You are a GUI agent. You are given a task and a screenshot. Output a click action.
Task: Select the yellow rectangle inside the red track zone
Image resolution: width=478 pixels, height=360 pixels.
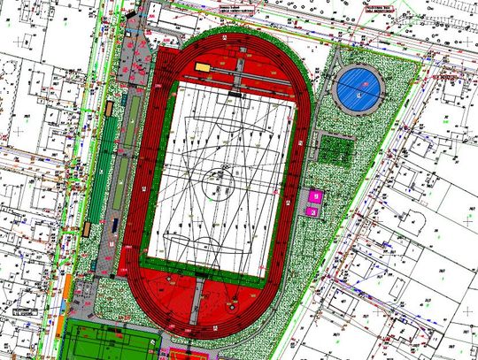click(203, 67)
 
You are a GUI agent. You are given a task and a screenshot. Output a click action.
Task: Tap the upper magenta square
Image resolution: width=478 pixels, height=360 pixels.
click(313, 195)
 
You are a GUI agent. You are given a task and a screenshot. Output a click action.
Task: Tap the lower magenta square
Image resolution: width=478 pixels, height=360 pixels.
click(312, 211)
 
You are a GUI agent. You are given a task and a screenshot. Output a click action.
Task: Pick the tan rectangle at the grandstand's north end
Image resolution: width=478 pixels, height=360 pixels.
click(109, 108)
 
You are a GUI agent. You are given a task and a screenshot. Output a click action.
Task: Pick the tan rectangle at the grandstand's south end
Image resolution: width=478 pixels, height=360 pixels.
click(88, 228)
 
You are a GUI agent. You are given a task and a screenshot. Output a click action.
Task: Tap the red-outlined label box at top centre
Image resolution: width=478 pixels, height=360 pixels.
click(230, 8)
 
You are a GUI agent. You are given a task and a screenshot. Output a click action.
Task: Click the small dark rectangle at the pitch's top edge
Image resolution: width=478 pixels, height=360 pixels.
click(234, 93)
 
